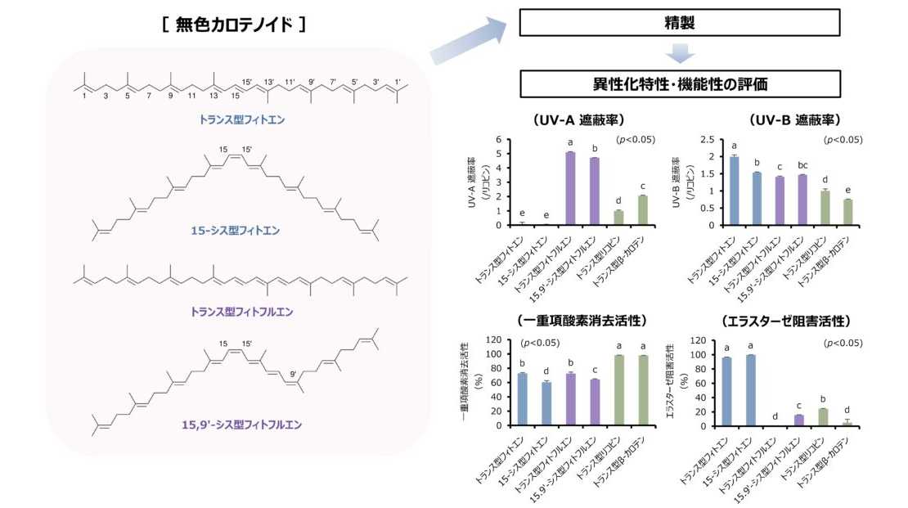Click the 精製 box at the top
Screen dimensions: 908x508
(679, 23)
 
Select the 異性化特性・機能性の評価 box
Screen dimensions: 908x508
(680, 84)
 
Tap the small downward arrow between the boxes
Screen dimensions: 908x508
(680, 53)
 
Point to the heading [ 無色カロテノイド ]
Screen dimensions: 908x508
(234, 25)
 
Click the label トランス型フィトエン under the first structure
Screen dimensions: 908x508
(242, 120)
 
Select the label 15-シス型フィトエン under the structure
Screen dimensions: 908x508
(235, 231)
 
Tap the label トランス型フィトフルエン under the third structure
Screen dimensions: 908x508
(241, 312)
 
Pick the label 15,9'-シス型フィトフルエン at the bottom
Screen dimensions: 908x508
(241, 425)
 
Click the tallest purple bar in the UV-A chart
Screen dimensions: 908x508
(570, 188)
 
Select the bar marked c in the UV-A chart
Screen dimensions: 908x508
(643, 210)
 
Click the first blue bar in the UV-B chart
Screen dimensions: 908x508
(735, 191)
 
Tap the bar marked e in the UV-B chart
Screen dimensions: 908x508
(847, 212)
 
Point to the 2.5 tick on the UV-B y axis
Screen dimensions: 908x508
(708, 140)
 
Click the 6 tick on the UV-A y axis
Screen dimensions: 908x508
(499, 140)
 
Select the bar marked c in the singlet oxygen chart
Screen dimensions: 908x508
(595, 402)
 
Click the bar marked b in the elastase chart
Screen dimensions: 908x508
(823, 417)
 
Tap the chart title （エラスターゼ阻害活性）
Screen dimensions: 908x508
(786, 321)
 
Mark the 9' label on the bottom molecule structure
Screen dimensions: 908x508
(294, 374)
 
